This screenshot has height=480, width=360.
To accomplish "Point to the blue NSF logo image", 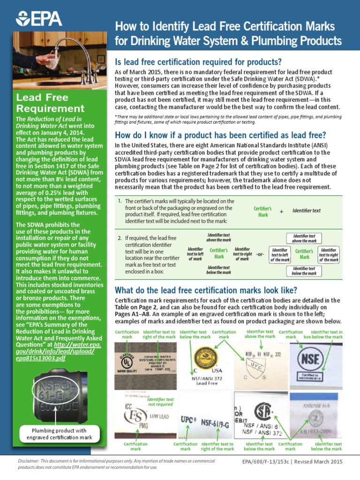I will pyautogui.click(x=317, y=361).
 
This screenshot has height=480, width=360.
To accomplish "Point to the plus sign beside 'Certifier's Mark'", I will pyautogui.click(x=282, y=211).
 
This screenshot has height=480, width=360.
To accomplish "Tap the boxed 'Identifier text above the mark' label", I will pyautogui.click(x=304, y=238).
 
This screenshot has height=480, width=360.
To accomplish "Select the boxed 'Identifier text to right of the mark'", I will pyautogui.click(x=329, y=255).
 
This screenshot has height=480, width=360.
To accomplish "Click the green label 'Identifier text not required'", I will pyautogui.click(x=161, y=401).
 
